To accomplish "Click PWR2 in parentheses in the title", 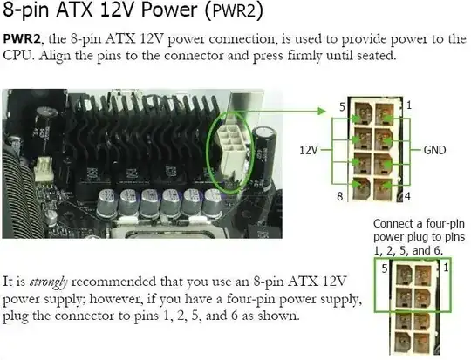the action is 234,10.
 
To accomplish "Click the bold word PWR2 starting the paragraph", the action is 22,39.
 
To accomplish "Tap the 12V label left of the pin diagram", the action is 308,150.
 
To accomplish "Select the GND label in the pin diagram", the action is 434,150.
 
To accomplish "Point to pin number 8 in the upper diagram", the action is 340,196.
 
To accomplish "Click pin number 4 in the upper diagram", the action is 407,196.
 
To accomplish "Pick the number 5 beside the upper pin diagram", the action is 342,107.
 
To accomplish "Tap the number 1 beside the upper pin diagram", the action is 409,105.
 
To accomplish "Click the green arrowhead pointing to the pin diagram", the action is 322,111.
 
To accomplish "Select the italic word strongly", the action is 48,282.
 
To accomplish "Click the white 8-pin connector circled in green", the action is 232,150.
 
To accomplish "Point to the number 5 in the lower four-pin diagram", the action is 385,268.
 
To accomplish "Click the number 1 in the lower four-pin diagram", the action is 446,267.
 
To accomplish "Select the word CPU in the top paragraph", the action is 17,56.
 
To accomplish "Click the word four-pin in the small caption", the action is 443,224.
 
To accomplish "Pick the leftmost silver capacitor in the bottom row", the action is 106,203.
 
